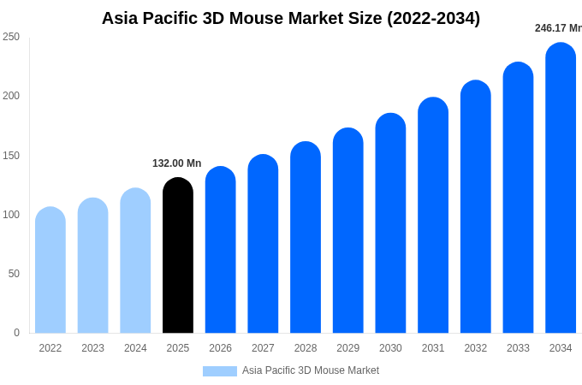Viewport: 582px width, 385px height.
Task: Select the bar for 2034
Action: (x=561, y=187)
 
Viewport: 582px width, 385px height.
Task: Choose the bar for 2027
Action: (x=263, y=244)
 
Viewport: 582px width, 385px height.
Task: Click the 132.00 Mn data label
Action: (x=176, y=163)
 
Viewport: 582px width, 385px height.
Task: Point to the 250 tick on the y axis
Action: (x=11, y=37)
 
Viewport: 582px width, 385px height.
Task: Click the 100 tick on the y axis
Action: (x=11, y=215)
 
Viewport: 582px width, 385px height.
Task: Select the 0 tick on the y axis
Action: (x=16, y=333)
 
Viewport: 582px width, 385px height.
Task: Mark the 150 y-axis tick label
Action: (x=11, y=156)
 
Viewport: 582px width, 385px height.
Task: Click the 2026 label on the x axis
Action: (x=220, y=348)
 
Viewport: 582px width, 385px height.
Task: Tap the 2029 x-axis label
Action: (x=347, y=348)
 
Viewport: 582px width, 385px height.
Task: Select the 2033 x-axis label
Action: (x=518, y=348)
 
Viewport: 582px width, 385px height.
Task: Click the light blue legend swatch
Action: (x=220, y=371)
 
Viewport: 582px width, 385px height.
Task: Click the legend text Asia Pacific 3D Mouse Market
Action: (x=311, y=370)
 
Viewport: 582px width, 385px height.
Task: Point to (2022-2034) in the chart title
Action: (x=433, y=18)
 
